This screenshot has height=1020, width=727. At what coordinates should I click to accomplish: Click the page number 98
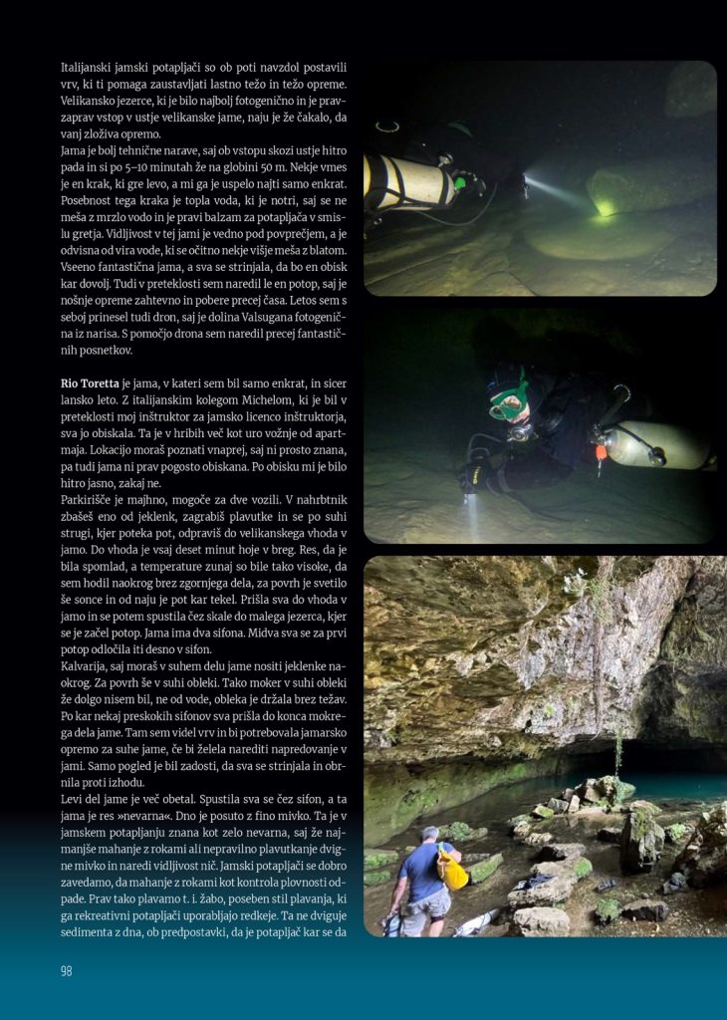click(67, 970)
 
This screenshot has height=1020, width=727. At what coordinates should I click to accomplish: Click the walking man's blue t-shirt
click(419, 867)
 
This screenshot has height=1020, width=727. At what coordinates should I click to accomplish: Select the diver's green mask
click(508, 401)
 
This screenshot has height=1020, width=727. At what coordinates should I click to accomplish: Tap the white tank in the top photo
click(408, 182)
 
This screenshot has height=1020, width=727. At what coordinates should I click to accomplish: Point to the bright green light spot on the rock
click(605, 207)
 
